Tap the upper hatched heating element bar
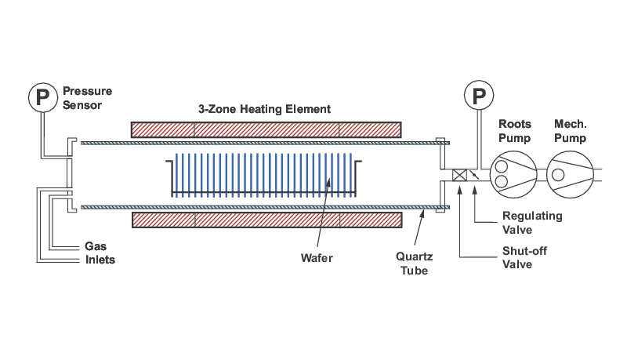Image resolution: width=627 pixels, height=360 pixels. (266, 130)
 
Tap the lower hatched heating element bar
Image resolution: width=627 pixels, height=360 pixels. (266, 220)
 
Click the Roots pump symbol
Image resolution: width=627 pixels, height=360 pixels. (513, 174)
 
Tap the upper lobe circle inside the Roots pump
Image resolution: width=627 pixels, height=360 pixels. (502, 166)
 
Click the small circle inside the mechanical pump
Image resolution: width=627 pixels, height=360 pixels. (558, 174)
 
